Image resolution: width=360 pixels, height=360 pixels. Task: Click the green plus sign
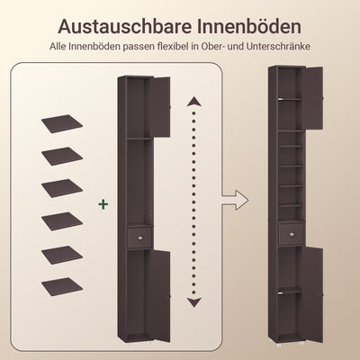coord(103,205)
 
